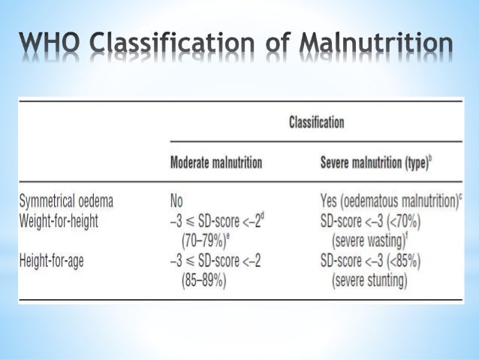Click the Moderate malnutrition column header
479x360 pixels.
coord(216,163)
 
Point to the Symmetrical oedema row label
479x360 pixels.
coord(71,201)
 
